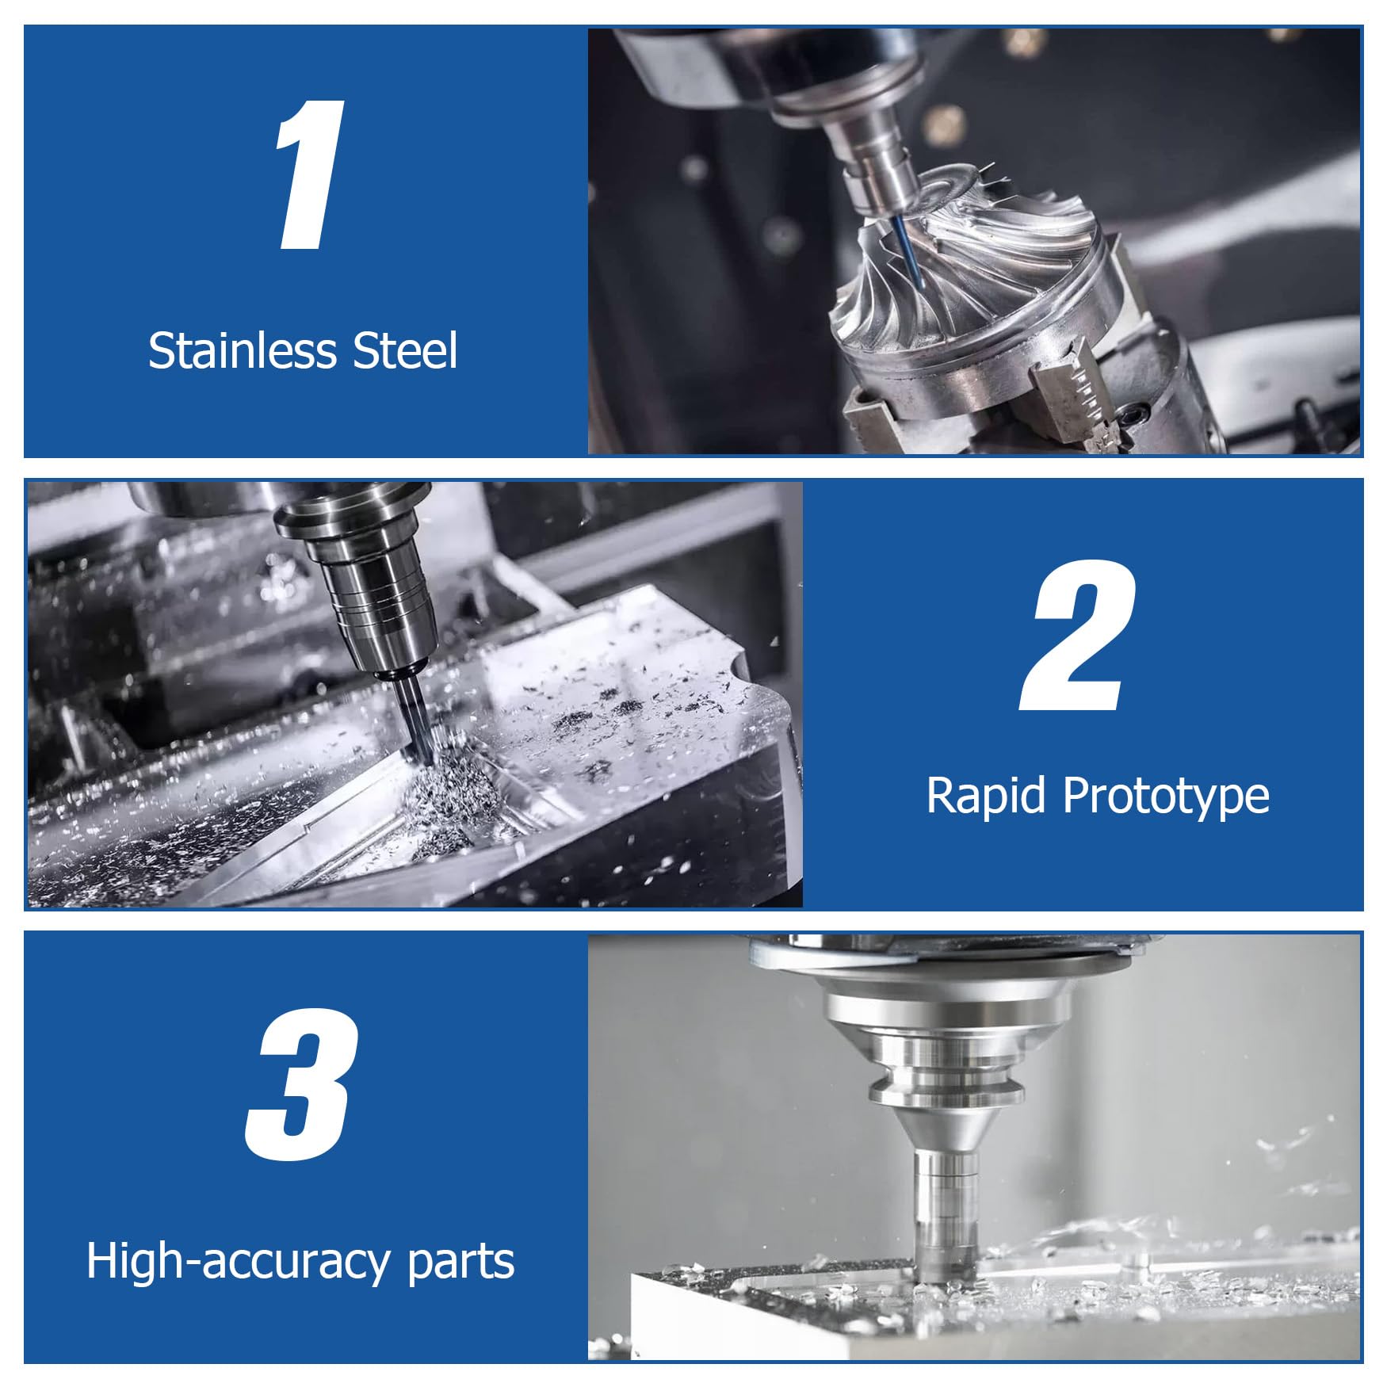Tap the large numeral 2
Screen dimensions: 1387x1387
pos(1079,636)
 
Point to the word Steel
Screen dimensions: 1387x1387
pos(405,350)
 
